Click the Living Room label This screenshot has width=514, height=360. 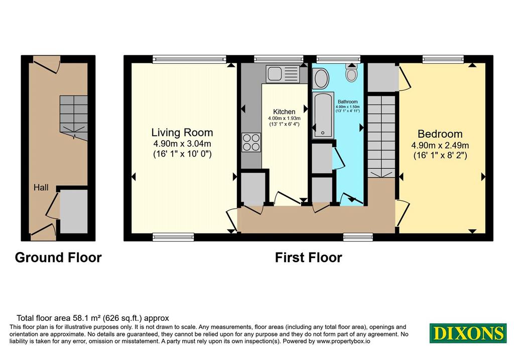coord(182,133)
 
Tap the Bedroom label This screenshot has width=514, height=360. coord(440,134)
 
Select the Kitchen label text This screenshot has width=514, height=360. coord(284,112)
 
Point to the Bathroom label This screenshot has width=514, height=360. coord(347,102)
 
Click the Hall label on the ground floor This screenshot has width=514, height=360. coord(41,188)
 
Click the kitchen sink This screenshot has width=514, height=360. coord(283,73)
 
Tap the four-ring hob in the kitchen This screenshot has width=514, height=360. coord(251,142)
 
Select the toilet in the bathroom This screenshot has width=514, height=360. coord(352,72)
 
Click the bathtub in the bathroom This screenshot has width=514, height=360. coord(323,114)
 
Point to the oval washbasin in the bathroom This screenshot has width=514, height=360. coord(321,78)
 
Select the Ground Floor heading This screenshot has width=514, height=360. coord(58,258)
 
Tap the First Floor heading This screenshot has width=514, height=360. coord(308,258)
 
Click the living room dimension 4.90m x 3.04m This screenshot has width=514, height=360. coord(182,144)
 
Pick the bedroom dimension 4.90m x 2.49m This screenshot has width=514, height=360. coord(440,145)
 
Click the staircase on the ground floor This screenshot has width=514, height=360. coord(74,117)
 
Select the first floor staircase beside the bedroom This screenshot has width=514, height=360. coord(381,137)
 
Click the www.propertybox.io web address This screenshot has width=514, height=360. coord(343,341)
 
